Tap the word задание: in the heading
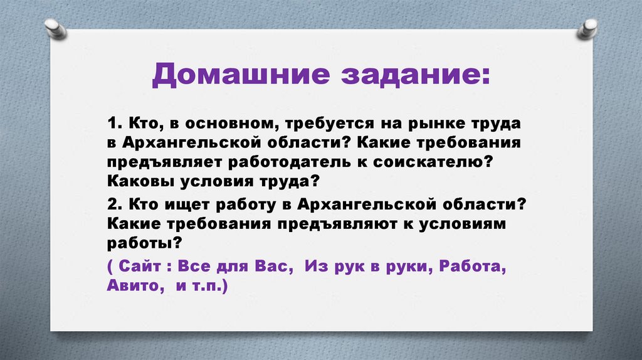414,77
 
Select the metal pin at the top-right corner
588,28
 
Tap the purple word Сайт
142,265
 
